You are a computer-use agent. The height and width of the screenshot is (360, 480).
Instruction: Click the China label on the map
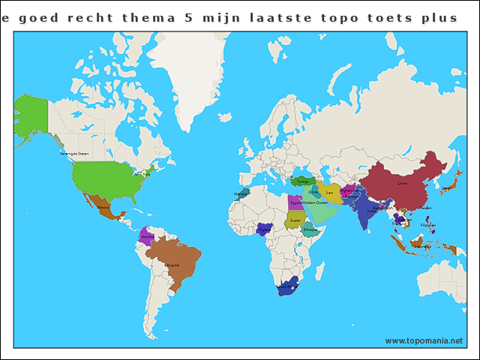pyautogui.click(x=402, y=183)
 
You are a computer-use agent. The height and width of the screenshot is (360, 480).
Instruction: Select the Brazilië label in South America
pyautogui.click(x=172, y=265)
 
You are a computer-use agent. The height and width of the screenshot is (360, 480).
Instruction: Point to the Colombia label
pyautogui.click(x=147, y=235)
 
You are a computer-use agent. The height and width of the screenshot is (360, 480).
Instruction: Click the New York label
pyautogui.click(x=141, y=174)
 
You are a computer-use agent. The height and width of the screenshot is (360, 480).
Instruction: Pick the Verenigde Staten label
pyautogui.click(x=74, y=153)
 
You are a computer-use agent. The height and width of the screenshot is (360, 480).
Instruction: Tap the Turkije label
pyautogui.click(x=302, y=181)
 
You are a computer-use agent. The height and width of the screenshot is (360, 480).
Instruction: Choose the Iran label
pyautogui.click(x=329, y=193)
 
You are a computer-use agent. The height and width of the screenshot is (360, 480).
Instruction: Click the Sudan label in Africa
pyautogui.click(x=295, y=220)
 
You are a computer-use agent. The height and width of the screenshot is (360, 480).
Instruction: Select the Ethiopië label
pyautogui.click(x=310, y=229)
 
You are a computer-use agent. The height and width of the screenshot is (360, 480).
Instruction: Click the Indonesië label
pyautogui.click(x=422, y=245)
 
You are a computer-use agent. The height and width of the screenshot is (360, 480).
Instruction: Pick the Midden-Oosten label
pyautogui.click(x=315, y=202)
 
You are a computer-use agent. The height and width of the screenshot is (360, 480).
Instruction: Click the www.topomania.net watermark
pyautogui.click(x=424, y=340)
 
